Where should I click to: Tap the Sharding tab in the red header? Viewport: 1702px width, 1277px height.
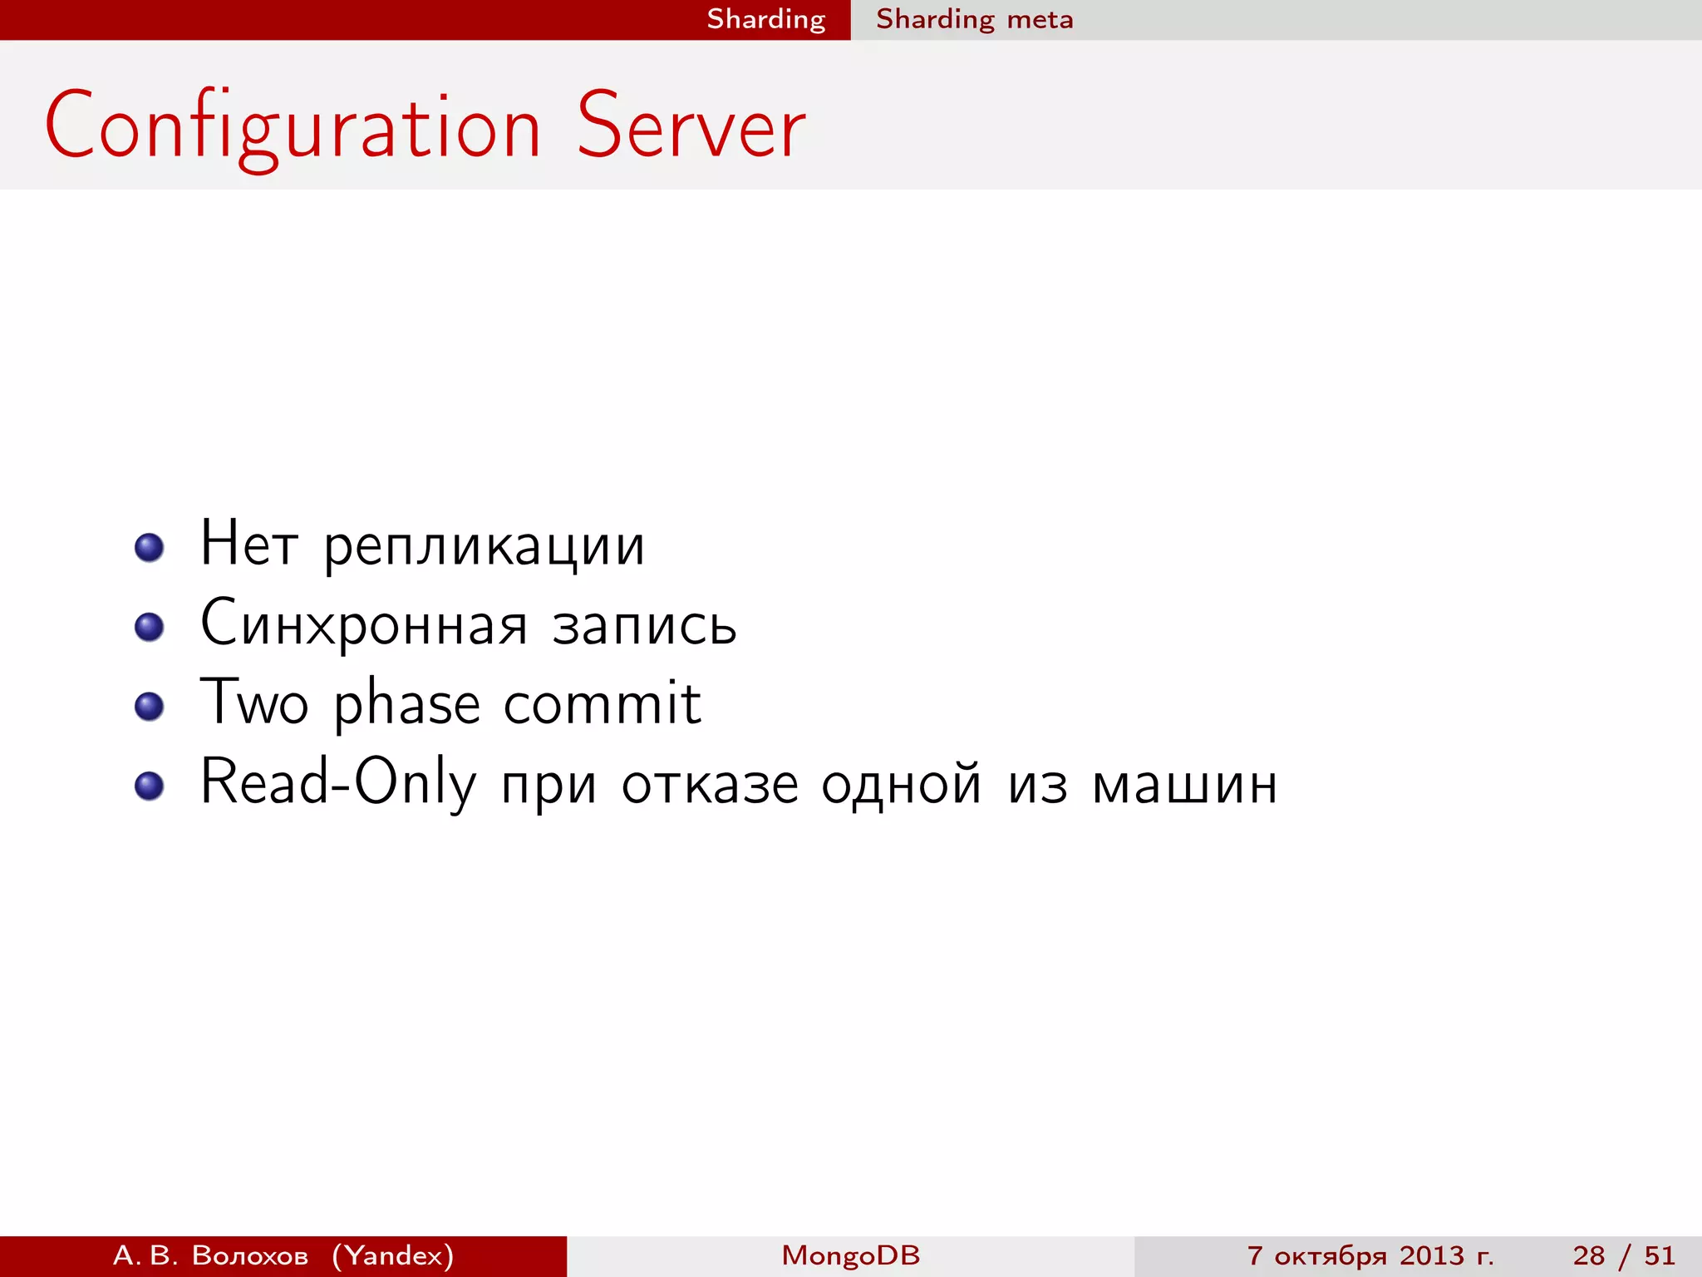click(765, 19)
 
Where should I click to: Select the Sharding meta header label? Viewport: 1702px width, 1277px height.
click(974, 19)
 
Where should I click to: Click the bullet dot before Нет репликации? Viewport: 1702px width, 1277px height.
click(150, 548)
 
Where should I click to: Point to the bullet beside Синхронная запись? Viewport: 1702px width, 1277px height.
click(150, 627)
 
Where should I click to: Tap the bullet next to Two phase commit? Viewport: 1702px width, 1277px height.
click(150, 707)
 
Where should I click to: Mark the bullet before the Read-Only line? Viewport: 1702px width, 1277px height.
click(150, 786)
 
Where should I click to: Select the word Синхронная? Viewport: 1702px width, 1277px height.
click(364, 625)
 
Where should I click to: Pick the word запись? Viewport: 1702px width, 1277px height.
click(644, 625)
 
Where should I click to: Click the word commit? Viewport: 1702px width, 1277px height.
click(603, 703)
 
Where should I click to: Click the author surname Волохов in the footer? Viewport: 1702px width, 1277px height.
click(250, 1255)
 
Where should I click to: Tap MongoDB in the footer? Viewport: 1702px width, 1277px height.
click(851, 1255)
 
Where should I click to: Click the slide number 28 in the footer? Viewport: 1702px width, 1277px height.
click(1588, 1255)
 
